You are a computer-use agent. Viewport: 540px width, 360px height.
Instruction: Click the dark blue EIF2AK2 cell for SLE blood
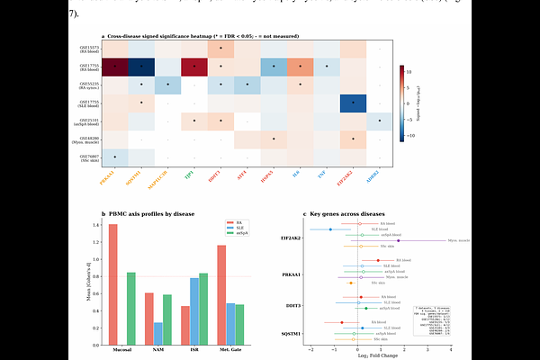coord(354,103)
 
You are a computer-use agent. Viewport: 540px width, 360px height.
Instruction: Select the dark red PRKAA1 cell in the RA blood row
coord(115,67)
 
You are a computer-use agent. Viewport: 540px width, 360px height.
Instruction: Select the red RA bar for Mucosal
coord(112,284)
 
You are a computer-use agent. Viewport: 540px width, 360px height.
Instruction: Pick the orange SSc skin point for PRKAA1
coord(351,283)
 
